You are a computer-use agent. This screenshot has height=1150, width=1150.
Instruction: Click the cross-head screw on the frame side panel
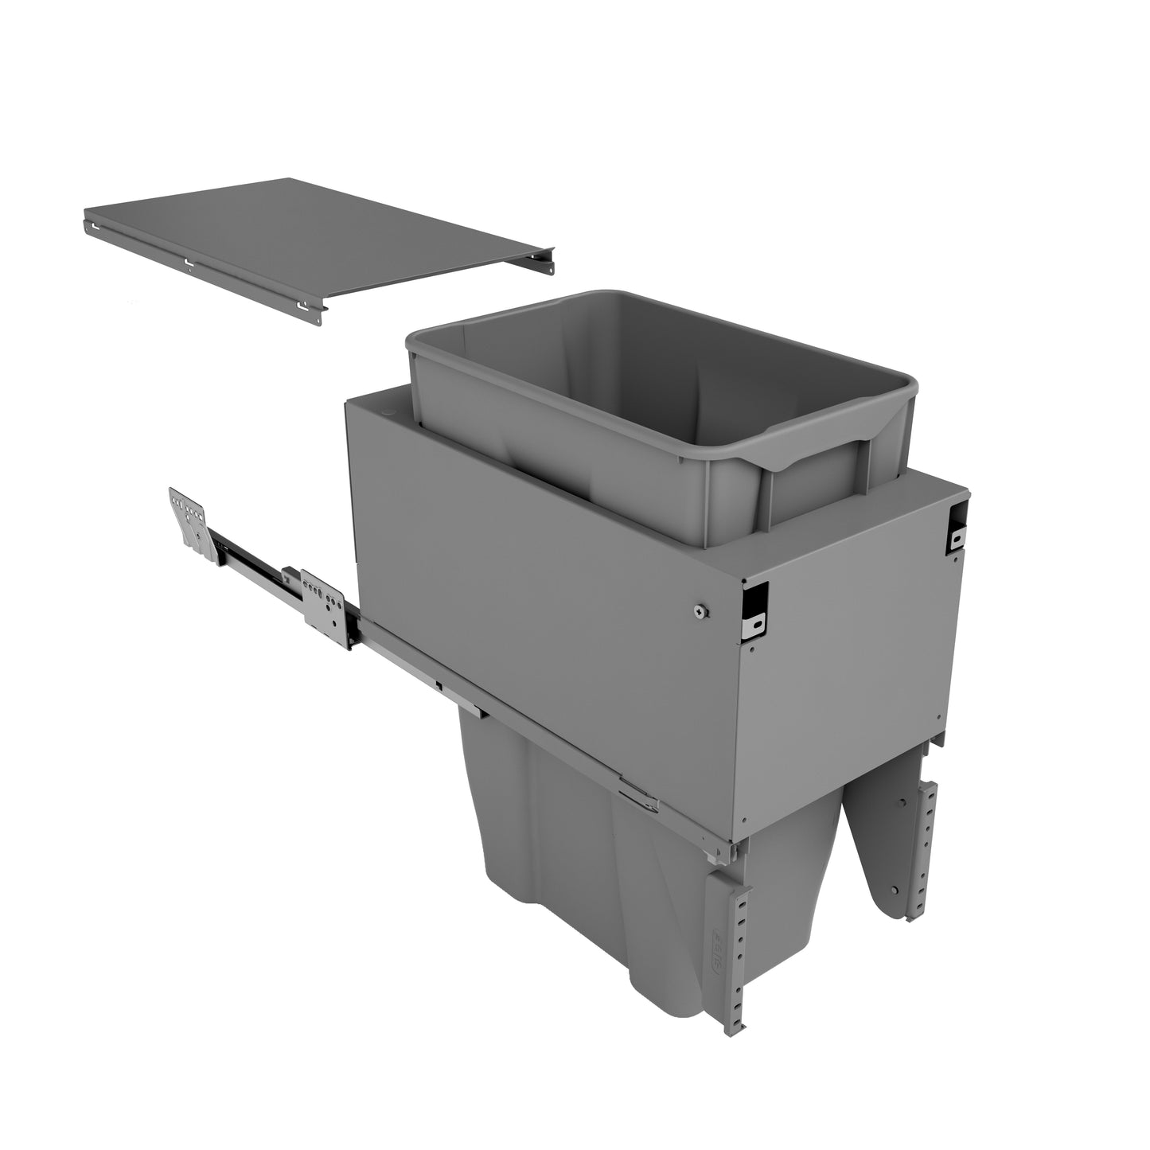click(698, 610)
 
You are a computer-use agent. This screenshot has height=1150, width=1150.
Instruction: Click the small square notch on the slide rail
click(439, 683)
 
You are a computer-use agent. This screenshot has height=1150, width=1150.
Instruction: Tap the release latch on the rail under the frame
click(637, 796)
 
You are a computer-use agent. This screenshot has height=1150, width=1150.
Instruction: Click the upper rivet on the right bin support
click(901, 804)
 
